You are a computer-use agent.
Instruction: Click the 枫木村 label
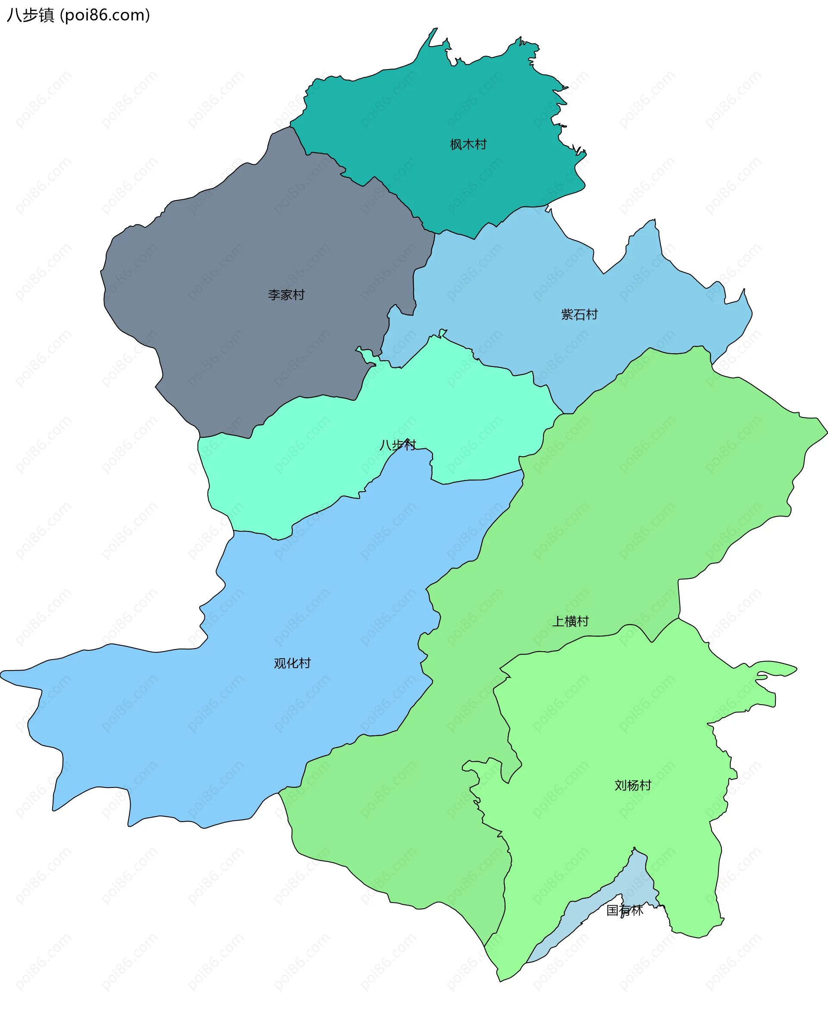click(x=468, y=144)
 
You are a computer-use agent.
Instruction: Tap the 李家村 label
click(x=286, y=295)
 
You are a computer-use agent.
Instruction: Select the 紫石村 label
click(x=579, y=314)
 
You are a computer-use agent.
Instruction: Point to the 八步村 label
click(x=397, y=445)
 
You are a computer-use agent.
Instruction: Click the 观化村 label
click(x=292, y=663)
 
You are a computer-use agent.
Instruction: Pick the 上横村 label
click(x=570, y=621)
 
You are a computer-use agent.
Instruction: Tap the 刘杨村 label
click(x=633, y=785)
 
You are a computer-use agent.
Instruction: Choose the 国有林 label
click(x=624, y=910)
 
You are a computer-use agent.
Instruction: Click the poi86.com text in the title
click(x=105, y=15)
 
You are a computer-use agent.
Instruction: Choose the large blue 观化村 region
click(x=191, y=715)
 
